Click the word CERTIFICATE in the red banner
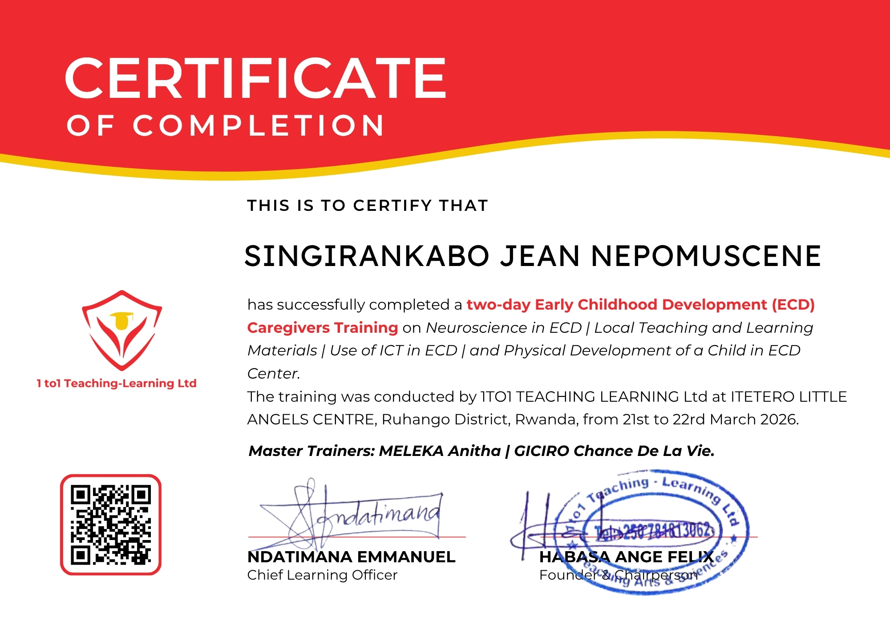[x=255, y=79]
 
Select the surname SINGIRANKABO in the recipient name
[x=367, y=257]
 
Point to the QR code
[x=111, y=524]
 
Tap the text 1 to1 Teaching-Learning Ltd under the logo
[x=117, y=383]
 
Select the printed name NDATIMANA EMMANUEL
[x=351, y=557]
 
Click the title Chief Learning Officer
[x=322, y=575]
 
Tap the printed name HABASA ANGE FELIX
[x=626, y=557]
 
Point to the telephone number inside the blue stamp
[x=654, y=531]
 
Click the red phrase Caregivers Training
[x=322, y=328]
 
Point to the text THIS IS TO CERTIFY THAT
[x=368, y=206]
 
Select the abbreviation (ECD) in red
[x=793, y=305]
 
